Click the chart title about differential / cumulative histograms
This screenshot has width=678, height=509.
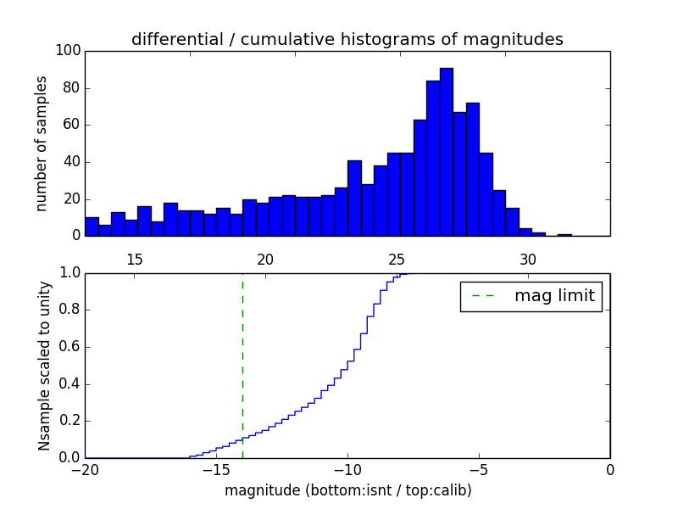click(347, 40)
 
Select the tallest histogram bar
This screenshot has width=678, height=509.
click(446, 152)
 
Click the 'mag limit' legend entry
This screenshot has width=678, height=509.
click(553, 296)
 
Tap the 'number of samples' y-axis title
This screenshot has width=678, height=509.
click(41, 143)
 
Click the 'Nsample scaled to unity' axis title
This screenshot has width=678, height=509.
click(44, 366)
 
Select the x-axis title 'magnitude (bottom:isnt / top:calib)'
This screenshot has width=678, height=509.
click(347, 490)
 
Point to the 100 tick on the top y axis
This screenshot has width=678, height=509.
click(69, 51)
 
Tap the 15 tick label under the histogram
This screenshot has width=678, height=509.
click(134, 259)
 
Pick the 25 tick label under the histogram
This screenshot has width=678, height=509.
click(397, 259)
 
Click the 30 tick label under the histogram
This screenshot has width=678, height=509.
click(528, 259)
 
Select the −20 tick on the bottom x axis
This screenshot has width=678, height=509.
click(85, 469)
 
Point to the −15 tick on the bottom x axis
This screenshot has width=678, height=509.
click(216, 469)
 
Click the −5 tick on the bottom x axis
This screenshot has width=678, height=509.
click(479, 469)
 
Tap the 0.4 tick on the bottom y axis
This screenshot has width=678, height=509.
click(69, 384)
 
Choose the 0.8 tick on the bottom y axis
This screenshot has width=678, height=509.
click(69, 310)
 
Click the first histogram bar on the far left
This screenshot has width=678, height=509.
click(92, 227)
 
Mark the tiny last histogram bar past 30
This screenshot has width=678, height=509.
click(564, 234)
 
